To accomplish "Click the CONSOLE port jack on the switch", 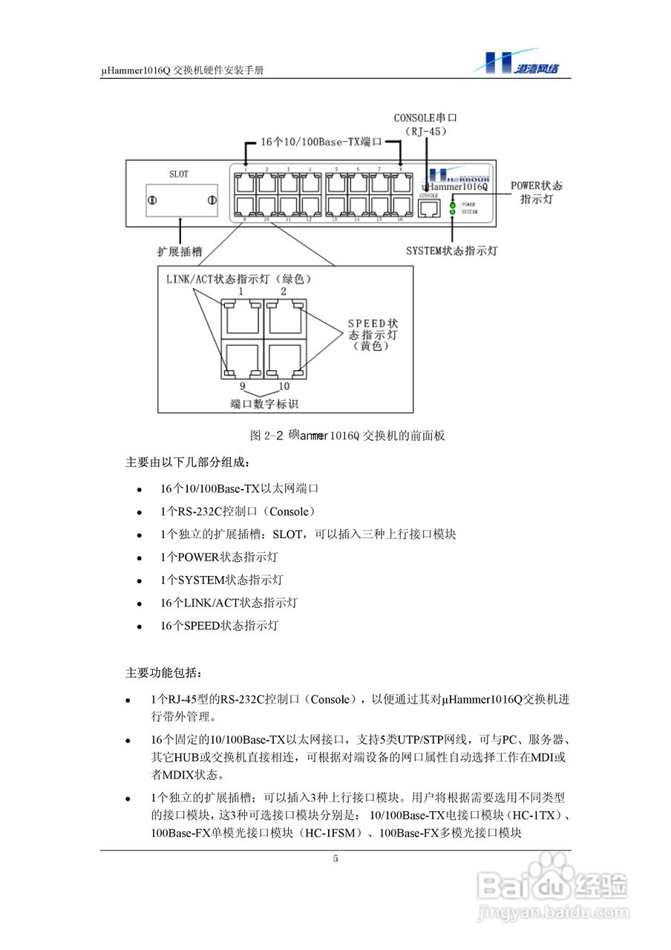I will coord(428,209).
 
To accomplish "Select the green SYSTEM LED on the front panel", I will coord(452,212).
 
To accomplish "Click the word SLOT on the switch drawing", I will coord(179,174).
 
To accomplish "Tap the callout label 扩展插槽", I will coord(179,252).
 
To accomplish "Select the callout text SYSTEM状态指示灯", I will coord(451,252).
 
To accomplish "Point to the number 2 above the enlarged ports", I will coord(283,292).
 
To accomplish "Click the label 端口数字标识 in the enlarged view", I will coord(264,404).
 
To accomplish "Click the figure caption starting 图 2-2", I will coord(347,436).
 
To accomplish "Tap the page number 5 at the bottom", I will coord(335,859).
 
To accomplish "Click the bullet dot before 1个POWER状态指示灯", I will coord(139,558).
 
